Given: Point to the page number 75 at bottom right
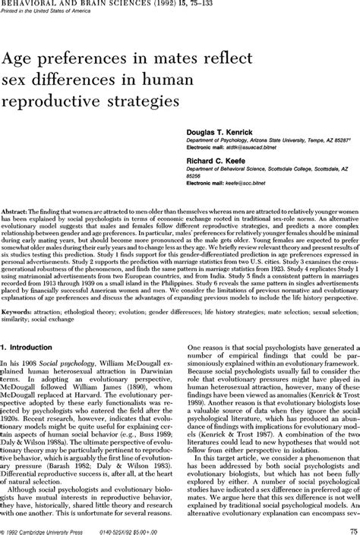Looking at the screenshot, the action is (349, 530).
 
